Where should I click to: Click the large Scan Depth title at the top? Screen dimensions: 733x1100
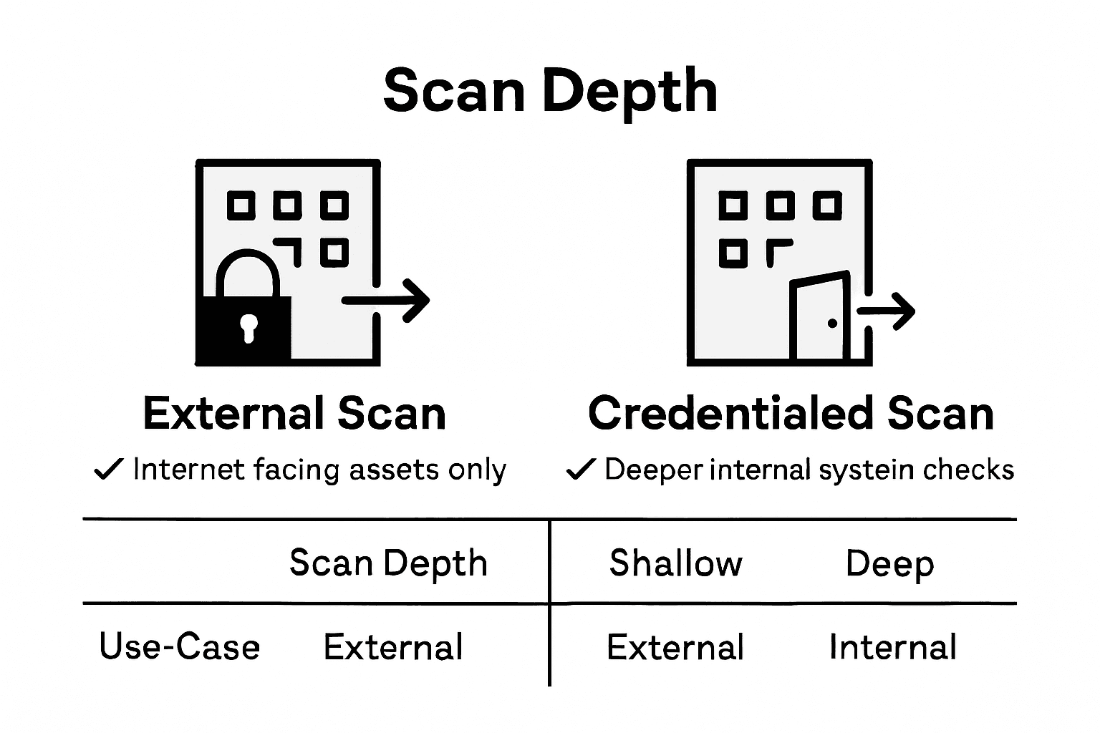(550, 92)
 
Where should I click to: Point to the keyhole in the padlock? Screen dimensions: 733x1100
(249, 327)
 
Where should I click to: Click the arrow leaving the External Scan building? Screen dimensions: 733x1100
(387, 300)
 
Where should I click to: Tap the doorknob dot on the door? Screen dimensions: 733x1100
(832, 324)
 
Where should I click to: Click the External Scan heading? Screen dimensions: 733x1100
(294, 414)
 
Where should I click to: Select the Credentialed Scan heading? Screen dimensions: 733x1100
(791, 414)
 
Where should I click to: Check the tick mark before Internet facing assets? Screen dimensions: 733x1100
(109, 470)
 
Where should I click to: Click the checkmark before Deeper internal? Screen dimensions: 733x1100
(580, 470)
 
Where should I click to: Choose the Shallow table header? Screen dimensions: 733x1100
(675, 563)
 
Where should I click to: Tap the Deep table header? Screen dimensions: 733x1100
(889, 564)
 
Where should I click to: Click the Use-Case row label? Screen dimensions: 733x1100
(180, 647)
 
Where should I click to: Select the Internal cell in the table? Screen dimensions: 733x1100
(892, 647)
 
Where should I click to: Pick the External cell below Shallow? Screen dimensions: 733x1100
(675, 647)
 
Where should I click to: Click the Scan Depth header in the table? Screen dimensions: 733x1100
(388, 563)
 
